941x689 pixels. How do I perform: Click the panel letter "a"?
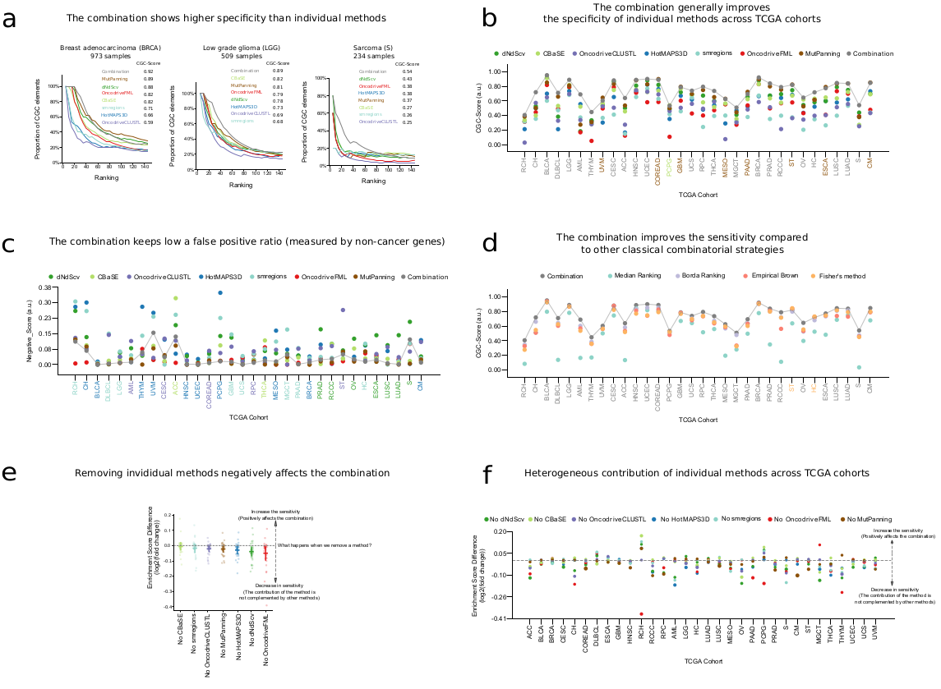coord(10,18)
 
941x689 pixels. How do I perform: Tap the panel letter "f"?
coord(487,475)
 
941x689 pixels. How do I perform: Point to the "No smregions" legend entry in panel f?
coord(748,518)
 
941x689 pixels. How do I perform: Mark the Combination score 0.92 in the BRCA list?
coord(150,71)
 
